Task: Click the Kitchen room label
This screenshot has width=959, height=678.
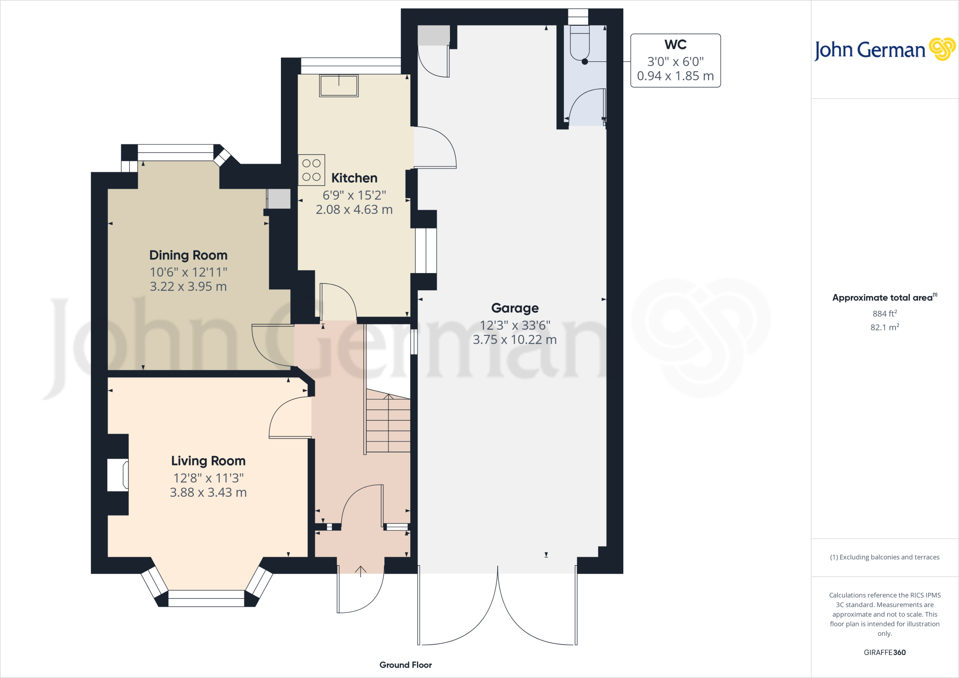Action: [354, 178]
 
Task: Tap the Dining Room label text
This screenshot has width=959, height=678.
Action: [188, 255]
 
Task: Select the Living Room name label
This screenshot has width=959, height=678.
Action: [208, 461]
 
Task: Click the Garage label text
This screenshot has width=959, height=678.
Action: [515, 308]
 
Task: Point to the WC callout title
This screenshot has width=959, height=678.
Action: [675, 45]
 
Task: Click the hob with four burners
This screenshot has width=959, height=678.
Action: [311, 170]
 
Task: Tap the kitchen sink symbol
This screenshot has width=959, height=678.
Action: [339, 86]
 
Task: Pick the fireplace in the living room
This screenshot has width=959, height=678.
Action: [118, 475]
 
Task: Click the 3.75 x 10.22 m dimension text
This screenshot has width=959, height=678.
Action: [515, 340]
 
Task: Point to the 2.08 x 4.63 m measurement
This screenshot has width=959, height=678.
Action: [354, 210]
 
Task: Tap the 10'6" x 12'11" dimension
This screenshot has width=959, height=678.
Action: [188, 272]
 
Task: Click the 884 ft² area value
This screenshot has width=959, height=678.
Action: [884, 313]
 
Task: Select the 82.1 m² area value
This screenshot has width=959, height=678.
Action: [884, 327]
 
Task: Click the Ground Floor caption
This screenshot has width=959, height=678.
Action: [406, 665]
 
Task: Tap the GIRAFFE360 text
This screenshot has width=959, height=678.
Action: [884, 652]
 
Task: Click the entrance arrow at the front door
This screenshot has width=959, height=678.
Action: [361, 571]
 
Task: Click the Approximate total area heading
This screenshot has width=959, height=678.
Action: [883, 298]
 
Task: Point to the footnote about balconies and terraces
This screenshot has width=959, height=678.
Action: [884, 557]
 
